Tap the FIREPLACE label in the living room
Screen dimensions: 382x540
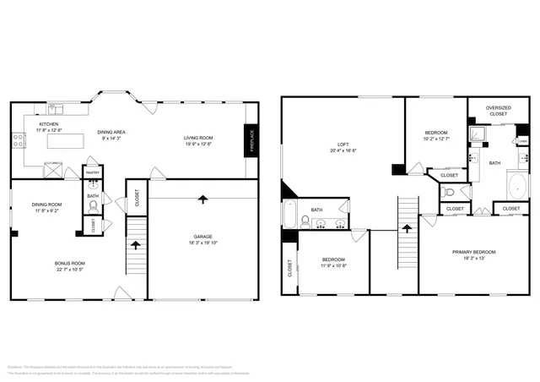[x=251, y=139]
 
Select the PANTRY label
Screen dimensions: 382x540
[x=93, y=172]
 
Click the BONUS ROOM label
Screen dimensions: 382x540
[x=69, y=263]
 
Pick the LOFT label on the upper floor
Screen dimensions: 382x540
[x=343, y=145]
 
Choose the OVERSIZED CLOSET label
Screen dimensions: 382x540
[x=498, y=111]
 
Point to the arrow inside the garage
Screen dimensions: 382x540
[x=202, y=199]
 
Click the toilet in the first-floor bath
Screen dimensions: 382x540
[x=93, y=205]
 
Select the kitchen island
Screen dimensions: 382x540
[x=63, y=142]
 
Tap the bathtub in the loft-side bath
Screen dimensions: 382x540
[x=289, y=215]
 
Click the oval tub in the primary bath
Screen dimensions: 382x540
[x=516, y=184]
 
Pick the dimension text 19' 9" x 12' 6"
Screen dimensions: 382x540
[x=199, y=144]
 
